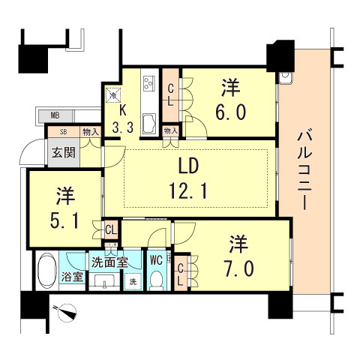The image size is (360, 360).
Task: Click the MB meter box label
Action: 55,116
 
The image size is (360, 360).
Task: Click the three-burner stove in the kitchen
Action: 148,79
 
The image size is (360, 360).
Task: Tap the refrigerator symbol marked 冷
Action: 113,95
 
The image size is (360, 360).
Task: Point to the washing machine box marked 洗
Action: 133,281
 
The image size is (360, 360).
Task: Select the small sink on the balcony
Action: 286,77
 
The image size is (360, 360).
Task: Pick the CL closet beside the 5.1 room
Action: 110,229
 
